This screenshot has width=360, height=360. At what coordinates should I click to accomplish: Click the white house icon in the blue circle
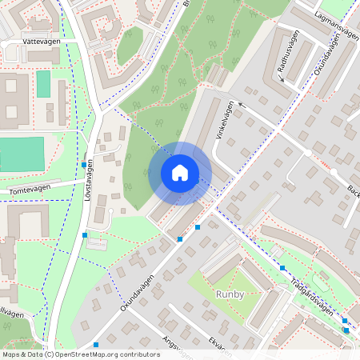point(180,173)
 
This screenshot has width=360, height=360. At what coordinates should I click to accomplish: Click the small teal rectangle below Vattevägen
point(43,84)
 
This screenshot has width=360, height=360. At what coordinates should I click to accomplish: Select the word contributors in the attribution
point(141,354)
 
